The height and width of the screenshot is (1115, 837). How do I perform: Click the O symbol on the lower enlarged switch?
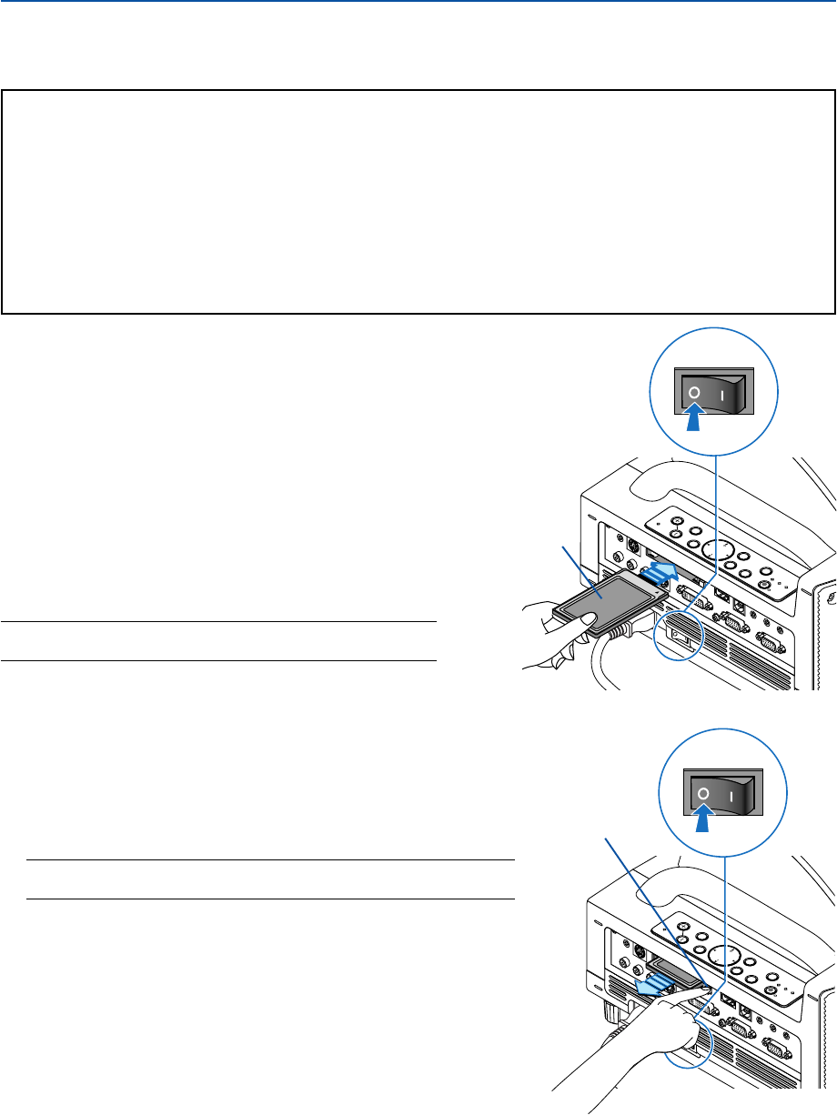click(703, 793)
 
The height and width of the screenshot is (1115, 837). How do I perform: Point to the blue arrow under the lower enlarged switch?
click(703, 820)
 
